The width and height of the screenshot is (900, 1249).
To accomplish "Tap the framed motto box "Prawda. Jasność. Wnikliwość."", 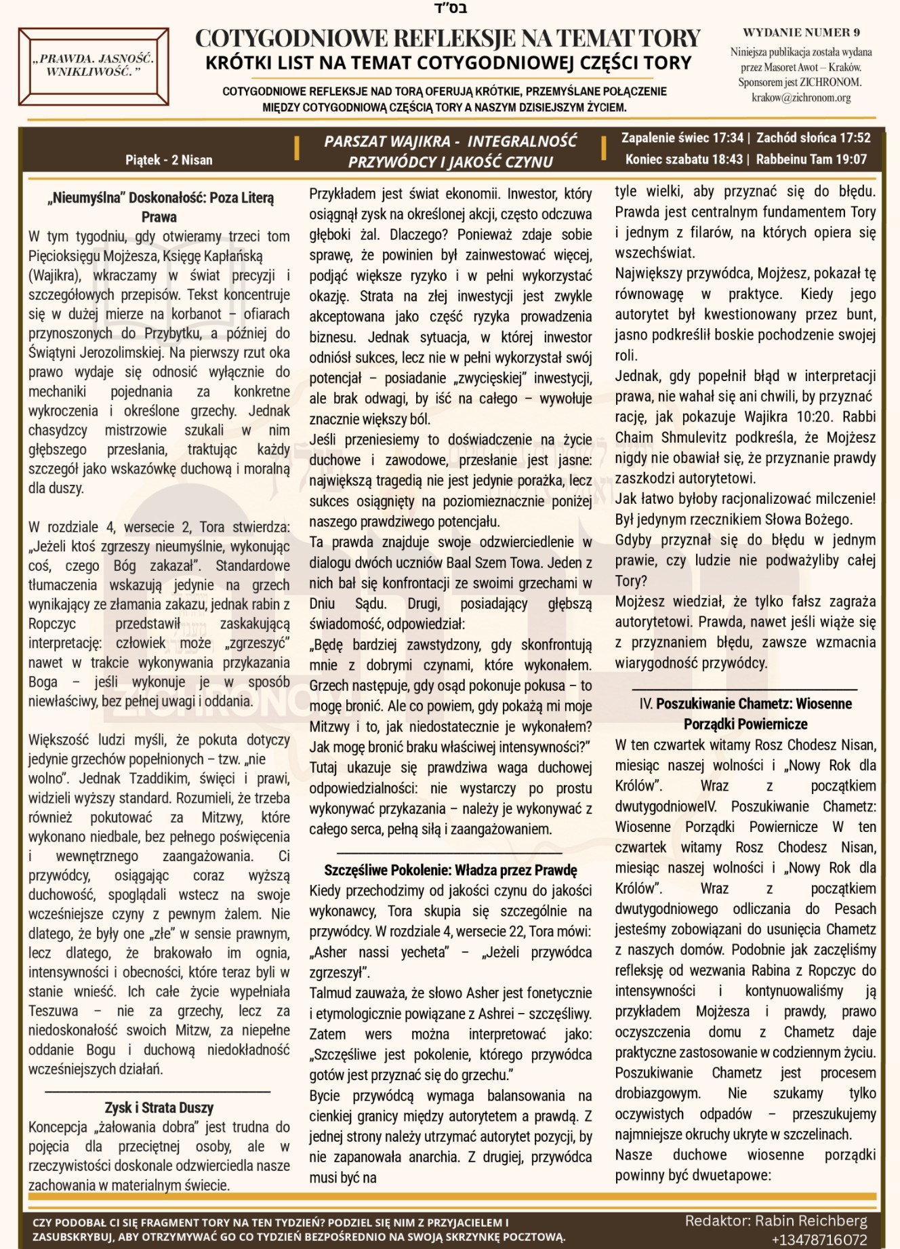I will click(94, 66).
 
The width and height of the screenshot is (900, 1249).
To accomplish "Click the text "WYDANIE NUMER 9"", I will click(801, 33).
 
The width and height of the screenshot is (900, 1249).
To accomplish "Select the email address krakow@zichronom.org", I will click(801, 98).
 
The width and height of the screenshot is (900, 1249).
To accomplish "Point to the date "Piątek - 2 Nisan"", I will click(169, 160).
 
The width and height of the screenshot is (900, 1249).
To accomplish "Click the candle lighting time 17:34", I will click(727, 138).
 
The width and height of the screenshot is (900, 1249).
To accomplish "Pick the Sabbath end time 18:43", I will click(727, 159).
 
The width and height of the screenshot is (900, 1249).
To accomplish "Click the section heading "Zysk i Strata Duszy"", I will click(159, 1107).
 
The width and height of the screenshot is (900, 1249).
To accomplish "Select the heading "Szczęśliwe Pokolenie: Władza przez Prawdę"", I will click(451, 870).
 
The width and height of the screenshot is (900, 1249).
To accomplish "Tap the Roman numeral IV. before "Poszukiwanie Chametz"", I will click(646, 704).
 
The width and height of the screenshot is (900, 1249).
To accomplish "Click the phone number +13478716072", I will click(819, 1240).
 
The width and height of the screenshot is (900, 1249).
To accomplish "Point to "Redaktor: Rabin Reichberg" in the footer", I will click(776, 1221).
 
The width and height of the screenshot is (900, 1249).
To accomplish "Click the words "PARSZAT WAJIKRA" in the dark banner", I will click(387, 141).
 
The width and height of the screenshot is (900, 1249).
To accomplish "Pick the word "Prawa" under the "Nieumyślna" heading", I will click(159, 217).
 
